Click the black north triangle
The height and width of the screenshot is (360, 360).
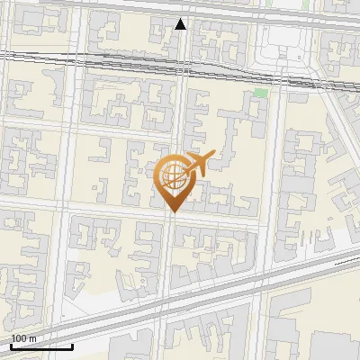point(181,24)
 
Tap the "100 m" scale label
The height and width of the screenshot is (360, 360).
point(23,338)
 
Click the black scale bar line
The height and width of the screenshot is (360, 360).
point(41,346)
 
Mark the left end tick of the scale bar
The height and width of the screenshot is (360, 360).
point(11,345)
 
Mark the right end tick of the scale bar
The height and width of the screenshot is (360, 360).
point(72,345)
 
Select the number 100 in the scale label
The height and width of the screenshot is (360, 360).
point(20,338)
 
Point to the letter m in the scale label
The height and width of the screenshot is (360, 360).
point(32,338)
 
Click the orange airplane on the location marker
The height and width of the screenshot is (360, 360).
point(195,165)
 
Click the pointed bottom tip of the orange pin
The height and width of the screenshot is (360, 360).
point(172,212)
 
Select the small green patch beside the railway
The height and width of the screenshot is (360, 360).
point(261,93)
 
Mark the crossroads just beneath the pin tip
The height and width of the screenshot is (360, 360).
point(171,220)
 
